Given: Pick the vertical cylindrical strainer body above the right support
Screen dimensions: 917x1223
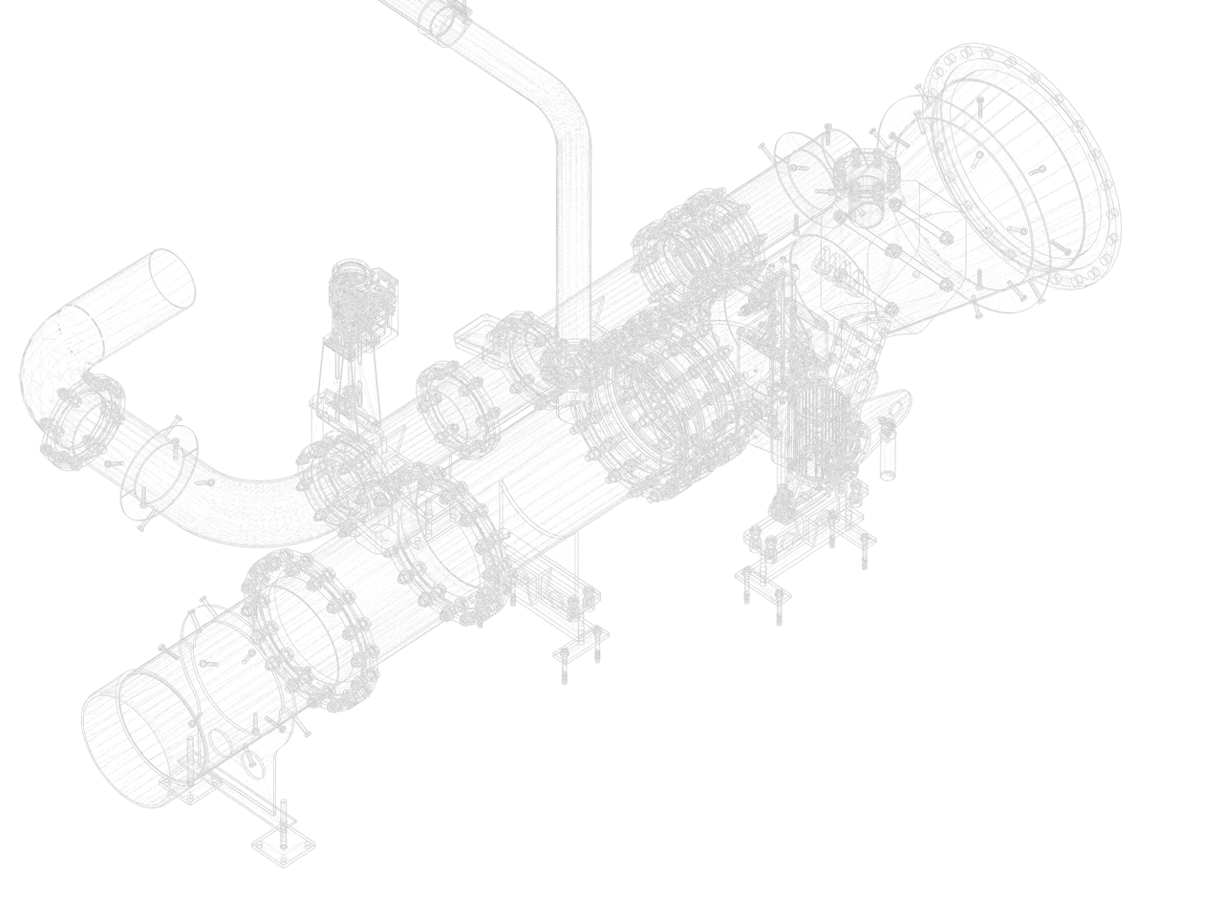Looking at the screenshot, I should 820,430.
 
